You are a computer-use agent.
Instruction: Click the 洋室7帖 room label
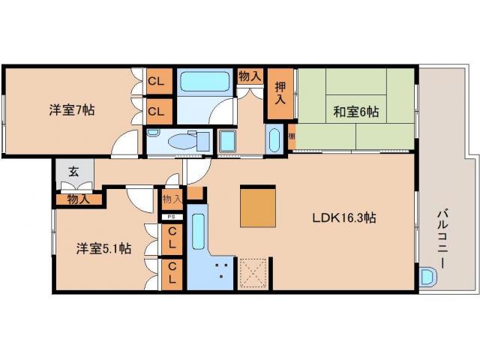[x=72, y=109]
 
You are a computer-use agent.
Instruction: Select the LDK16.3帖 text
[x=344, y=218]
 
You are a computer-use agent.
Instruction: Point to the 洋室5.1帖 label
[x=103, y=248]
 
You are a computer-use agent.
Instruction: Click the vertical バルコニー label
[x=443, y=241]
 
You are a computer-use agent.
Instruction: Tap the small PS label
[x=172, y=217]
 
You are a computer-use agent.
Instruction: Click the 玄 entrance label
[x=73, y=172]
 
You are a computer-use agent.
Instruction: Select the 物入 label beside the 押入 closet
[x=250, y=75]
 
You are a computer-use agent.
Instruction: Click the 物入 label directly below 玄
[x=78, y=199]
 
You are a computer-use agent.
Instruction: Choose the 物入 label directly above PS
[x=172, y=199]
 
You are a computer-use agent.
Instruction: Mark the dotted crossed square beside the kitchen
[x=252, y=274]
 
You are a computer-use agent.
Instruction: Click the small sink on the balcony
[x=427, y=276]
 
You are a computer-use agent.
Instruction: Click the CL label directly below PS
[x=172, y=238]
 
